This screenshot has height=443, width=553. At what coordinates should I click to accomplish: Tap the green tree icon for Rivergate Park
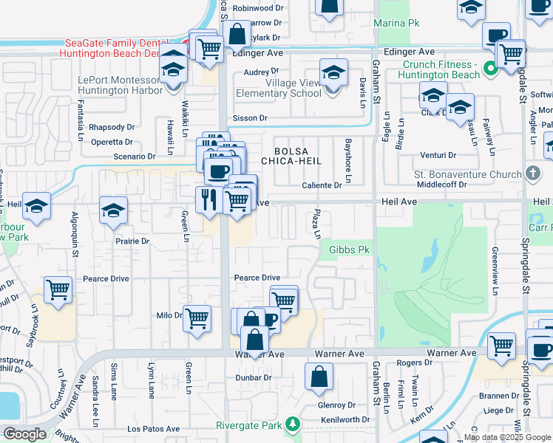[x=294, y=425]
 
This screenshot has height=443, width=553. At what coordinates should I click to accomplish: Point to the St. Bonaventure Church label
[x=457, y=175]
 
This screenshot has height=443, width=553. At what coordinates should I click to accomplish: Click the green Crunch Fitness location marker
[x=489, y=70]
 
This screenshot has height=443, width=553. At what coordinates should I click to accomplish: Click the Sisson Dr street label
[x=250, y=118]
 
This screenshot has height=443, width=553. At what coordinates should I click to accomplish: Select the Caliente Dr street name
[x=322, y=185]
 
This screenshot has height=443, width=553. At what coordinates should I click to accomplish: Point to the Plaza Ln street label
[x=317, y=224]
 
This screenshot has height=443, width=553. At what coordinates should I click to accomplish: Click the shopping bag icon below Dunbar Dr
[x=319, y=376]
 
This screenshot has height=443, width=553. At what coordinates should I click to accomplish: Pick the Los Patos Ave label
[x=154, y=428]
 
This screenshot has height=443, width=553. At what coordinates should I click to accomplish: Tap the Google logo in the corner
[x=24, y=434]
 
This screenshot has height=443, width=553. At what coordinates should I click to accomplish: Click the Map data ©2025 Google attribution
[x=507, y=437]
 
